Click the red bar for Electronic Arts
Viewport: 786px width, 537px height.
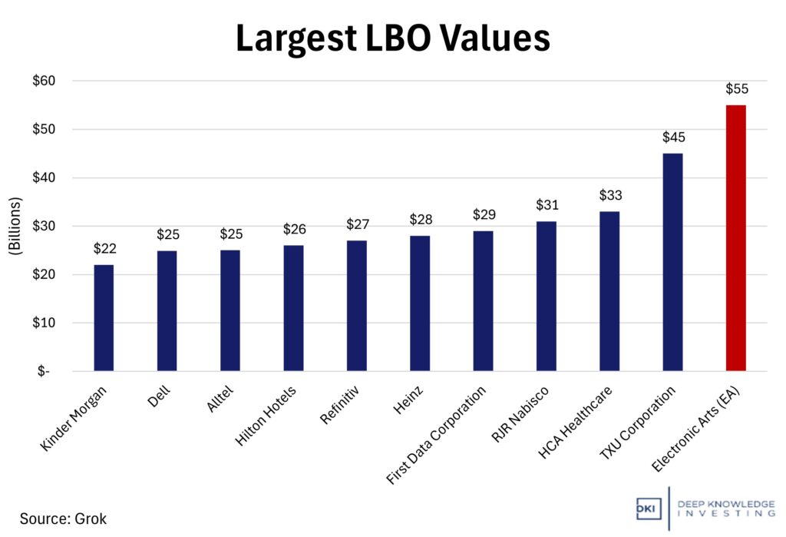[735, 238]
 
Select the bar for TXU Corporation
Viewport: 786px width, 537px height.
[672, 262]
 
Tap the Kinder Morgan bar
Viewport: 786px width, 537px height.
[104, 318]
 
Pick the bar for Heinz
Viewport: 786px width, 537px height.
[420, 303]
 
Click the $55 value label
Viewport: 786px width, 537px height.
[736, 89]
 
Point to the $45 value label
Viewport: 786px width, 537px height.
[673, 138]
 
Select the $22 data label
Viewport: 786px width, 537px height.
[104, 249]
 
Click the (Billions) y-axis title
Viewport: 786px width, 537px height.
[16, 226]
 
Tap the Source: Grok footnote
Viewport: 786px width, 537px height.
[63, 519]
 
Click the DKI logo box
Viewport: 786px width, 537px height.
[649, 509]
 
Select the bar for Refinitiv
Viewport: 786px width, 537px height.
[357, 306]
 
